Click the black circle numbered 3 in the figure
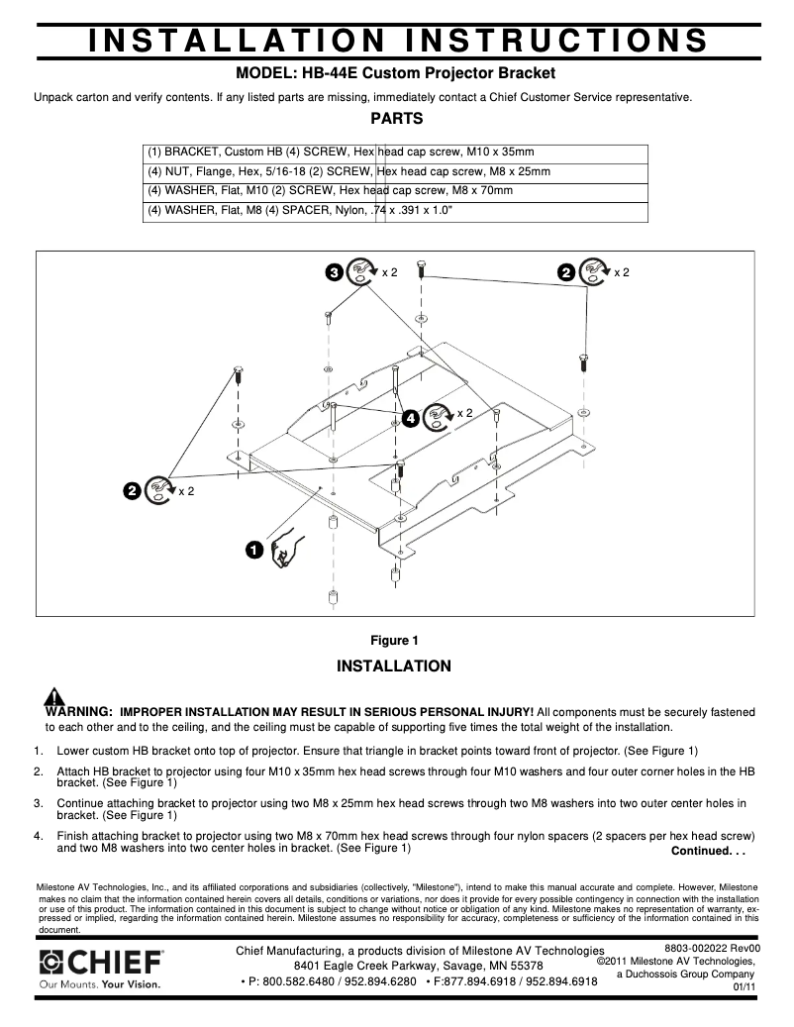click(335, 272)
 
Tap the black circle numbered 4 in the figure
click(411, 419)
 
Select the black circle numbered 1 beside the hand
click(254, 548)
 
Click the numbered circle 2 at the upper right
click(566, 272)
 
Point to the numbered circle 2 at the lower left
click(131, 489)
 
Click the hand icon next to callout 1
click(284, 549)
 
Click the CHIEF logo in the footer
click(101, 961)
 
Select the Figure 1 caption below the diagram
click(395, 640)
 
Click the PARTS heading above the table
click(396, 119)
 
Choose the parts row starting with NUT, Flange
click(395, 171)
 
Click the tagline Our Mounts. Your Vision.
click(99, 984)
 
